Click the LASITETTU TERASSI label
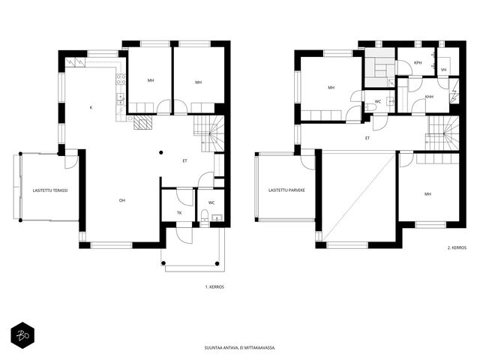[x=50, y=190]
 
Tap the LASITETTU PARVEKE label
[x=286, y=190]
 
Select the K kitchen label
[x=91, y=107]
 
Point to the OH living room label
[x=122, y=200]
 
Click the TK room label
[x=179, y=213]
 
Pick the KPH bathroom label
[x=418, y=63]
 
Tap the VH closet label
[x=443, y=70]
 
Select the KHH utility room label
[x=429, y=97]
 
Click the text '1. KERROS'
[x=214, y=287]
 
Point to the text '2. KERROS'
[x=457, y=247]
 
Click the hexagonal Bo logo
[x=22, y=335]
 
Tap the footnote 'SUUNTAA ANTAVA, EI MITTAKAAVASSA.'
[x=240, y=348]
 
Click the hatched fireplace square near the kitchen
[x=143, y=122]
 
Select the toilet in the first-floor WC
[x=205, y=215]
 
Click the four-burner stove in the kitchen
[x=121, y=79]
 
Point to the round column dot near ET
[x=161, y=152]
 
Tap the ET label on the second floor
[x=367, y=138]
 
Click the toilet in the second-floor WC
[x=370, y=106]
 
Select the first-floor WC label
[x=211, y=203]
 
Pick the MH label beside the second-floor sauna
[x=331, y=88]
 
